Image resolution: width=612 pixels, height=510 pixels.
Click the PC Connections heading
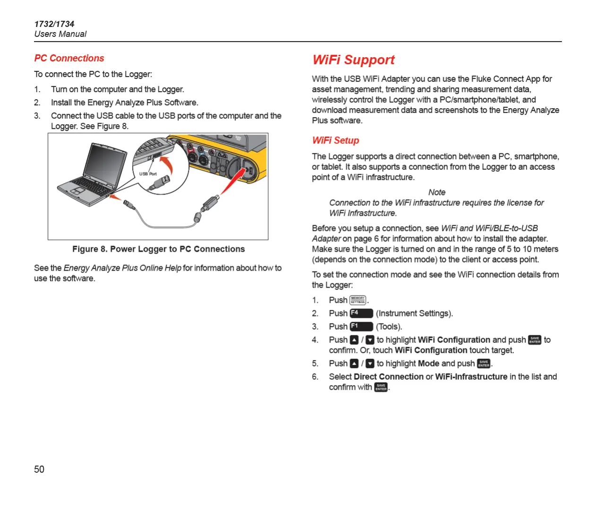tap(69, 58)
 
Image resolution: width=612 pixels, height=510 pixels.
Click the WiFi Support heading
tap(353, 60)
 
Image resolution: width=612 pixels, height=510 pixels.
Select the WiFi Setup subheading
tap(335, 140)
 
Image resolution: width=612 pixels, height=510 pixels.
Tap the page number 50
tap(39, 469)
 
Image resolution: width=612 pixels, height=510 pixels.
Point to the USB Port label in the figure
tap(148, 174)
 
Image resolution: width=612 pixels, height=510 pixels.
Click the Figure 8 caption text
tap(158, 249)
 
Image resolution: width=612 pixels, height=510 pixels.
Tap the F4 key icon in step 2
tap(361, 313)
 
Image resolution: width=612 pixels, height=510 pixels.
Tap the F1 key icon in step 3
tap(361, 326)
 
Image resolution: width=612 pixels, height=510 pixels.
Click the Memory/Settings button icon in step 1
tap(358, 300)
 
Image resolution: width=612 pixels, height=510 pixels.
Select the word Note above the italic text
tap(437, 192)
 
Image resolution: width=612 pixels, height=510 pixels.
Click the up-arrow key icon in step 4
tap(354, 340)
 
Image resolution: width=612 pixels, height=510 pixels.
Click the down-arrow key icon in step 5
tap(370, 363)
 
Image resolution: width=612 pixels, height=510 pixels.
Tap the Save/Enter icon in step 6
tap(381, 387)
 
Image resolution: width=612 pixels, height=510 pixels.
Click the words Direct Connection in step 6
tap(389, 376)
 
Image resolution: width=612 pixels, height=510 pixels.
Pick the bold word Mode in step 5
tap(428, 363)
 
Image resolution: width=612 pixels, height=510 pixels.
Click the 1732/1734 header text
tap(54, 24)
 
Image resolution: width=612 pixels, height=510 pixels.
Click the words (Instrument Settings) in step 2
tap(414, 313)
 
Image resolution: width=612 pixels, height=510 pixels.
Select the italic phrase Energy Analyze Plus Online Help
tap(122, 268)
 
